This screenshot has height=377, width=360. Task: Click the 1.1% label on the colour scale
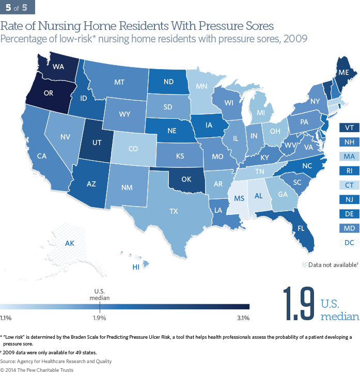(x=6, y=317)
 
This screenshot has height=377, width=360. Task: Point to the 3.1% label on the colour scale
(x=243, y=317)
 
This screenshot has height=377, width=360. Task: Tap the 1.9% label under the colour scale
(x=99, y=317)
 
